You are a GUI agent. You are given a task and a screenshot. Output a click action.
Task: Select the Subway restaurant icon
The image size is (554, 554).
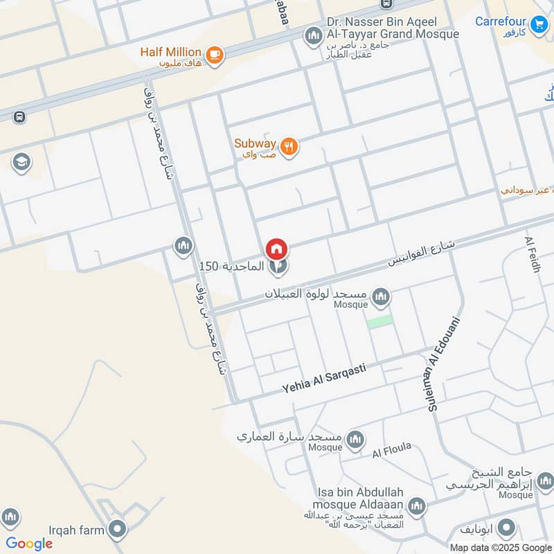(289, 145)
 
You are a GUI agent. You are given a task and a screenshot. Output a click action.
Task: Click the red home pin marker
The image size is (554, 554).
(277, 249)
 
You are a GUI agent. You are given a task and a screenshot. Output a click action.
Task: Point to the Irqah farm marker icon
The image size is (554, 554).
(117, 530)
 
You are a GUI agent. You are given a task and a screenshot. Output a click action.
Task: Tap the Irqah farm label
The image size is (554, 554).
(76, 530)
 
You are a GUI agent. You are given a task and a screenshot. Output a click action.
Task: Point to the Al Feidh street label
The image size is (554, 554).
(533, 254)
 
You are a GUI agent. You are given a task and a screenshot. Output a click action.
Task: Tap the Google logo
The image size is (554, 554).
(29, 544)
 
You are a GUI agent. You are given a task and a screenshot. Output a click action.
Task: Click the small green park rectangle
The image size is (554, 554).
(379, 321)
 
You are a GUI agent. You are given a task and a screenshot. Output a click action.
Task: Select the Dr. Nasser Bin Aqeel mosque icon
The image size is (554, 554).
(314, 35)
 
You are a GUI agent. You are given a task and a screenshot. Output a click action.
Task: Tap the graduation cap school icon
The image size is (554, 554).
(21, 162)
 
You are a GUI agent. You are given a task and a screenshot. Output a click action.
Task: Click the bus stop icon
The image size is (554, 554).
(19, 117)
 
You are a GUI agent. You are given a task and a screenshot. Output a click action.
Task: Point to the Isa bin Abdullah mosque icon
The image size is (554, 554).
(416, 506)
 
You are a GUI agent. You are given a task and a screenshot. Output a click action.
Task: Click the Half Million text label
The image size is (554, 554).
(170, 52)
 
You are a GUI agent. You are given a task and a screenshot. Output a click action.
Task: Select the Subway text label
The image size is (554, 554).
(255, 143)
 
